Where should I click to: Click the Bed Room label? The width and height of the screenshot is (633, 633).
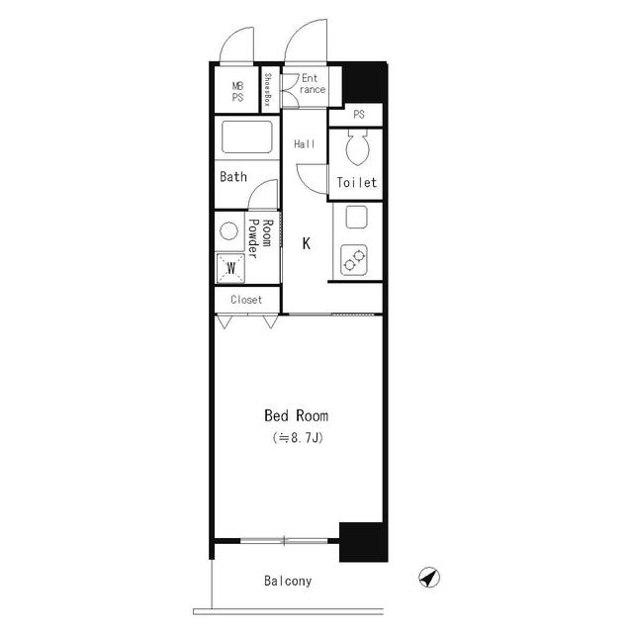click(296, 415)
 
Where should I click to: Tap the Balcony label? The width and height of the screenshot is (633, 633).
click(288, 581)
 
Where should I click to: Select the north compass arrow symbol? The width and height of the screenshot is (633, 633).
click(429, 578)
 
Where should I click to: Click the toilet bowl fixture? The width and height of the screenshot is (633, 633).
click(357, 147)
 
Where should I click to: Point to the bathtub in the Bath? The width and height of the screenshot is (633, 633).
click(247, 137)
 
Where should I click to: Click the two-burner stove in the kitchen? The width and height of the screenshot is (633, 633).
click(354, 260)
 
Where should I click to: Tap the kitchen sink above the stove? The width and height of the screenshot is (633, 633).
click(356, 218)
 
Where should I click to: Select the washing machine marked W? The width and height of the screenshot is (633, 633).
click(230, 268)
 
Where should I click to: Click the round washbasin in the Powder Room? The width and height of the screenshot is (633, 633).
click(228, 231)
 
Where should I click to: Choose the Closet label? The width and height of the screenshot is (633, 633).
click(246, 300)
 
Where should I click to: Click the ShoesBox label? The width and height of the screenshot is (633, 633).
click(267, 89)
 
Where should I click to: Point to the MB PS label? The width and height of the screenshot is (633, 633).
click(237, 92)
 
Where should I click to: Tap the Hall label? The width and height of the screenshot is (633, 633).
click(305, 143)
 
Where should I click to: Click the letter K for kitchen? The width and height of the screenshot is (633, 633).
click(307, 243)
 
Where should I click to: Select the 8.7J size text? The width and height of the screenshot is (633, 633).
click(298, 438)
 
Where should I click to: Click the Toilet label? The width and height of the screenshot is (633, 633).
click(356, 182)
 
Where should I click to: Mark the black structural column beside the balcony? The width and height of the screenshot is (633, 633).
click(363, 542)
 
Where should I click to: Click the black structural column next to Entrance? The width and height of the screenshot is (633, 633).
click(365, 83)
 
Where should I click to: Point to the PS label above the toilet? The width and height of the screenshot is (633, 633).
click(359, 115)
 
